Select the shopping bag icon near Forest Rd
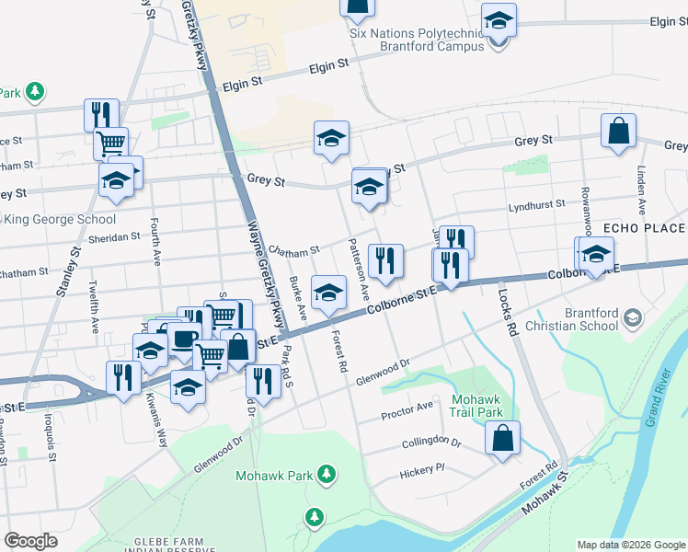pyautogui.click(x=502, y=441)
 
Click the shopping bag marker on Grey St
pyautogui.click(x=619, y=132)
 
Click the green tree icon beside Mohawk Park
pyautogui.click(x=326, y=475)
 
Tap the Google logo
pyautogui.click(x=31, y=541)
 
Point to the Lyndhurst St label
pyautogui.click(x=535, y=208)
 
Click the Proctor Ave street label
pyautogui.click(x=407, y=410)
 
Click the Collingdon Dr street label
pyautogui.click(x=430, y=443)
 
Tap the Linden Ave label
pyautogui.click(x=641, y=190)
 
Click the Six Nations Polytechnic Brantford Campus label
pyautogui.click(x=416, y=39)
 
